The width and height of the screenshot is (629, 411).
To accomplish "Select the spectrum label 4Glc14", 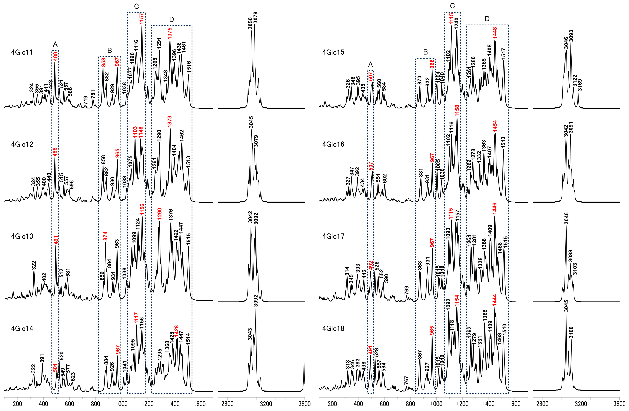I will click(x=22, y=329).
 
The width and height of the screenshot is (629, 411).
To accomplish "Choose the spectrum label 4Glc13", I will click(x=22, y=236).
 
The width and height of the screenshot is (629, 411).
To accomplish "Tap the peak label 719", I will click(x=85, y=101).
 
